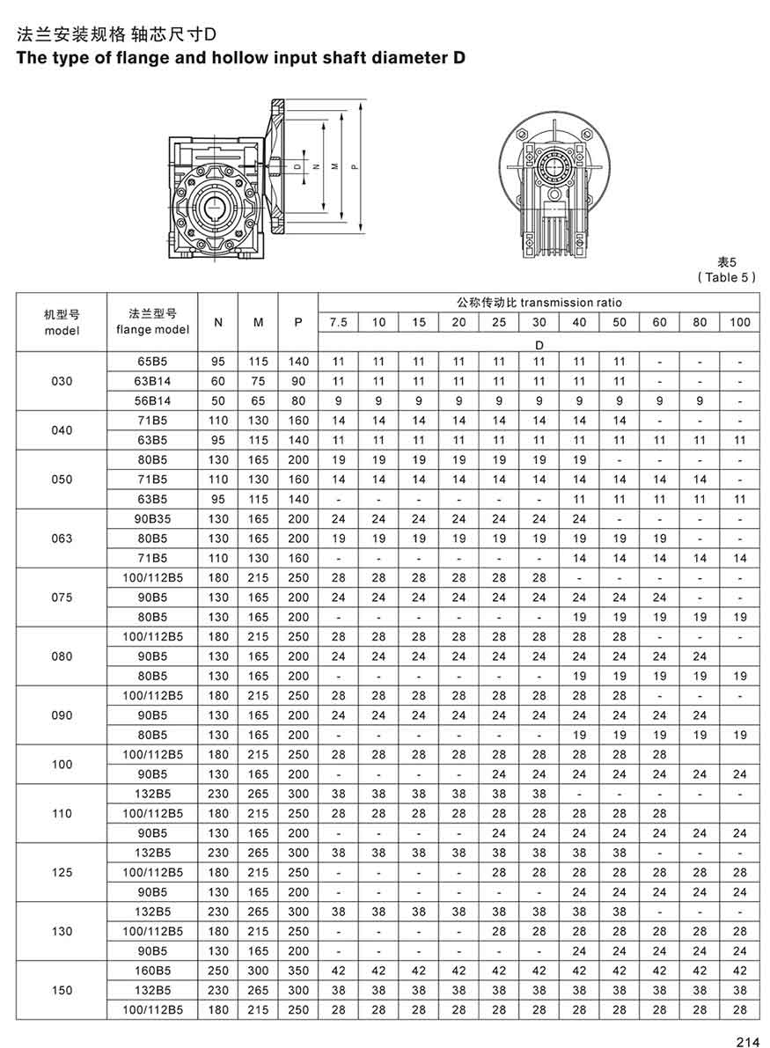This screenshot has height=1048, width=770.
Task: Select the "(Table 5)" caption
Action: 727,277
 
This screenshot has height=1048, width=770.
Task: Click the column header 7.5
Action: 338,322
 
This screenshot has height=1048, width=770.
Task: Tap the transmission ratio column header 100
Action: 740,322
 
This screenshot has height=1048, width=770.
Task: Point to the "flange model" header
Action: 152,330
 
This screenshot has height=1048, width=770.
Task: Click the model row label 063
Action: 62,539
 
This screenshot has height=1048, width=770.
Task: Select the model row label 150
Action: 62,991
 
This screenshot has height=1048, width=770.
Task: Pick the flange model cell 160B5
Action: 152,971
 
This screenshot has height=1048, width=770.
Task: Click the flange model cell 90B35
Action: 152,519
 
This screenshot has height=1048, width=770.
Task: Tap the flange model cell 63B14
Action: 152,381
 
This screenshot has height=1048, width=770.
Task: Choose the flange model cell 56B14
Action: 152,400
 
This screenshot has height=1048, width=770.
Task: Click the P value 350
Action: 298,971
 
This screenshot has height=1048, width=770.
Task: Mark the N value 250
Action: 218,971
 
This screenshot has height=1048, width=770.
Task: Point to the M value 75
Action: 259,381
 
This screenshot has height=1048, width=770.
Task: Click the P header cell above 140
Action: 298,322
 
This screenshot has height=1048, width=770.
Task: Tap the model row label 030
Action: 62,381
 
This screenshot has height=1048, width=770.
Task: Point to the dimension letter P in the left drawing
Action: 353,165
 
